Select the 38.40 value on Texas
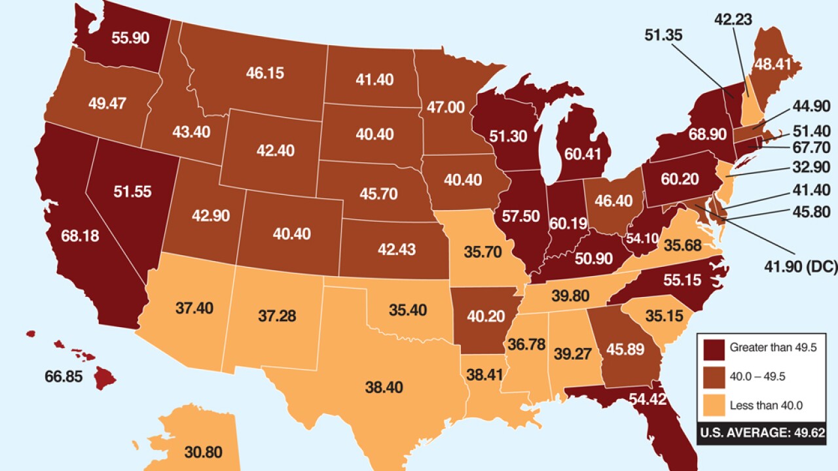384,387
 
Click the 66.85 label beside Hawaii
64,377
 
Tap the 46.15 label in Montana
264,73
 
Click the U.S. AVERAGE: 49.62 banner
762,432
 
